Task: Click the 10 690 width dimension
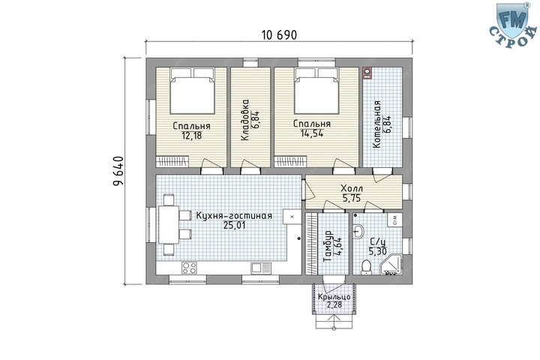(279, 34)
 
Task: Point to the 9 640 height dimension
(118, 171)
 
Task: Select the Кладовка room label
(244, 120)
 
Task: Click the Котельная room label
(377, 124)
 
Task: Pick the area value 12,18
(191, 136)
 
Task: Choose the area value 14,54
(312, 133)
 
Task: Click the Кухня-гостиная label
(234, 216)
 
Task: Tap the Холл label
(352, 188)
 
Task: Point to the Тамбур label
(328, 246)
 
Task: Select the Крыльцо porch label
(334, 297)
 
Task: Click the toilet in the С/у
(366, 267)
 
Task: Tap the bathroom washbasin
(358, 232)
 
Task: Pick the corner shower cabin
(391, 265)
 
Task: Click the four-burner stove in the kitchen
(189, 268)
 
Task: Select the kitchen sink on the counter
(261, 268)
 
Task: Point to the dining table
(169, 224)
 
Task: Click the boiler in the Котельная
(367, 73)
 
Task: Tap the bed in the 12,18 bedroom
(193, 91)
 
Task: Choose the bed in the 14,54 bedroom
(316, 91)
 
